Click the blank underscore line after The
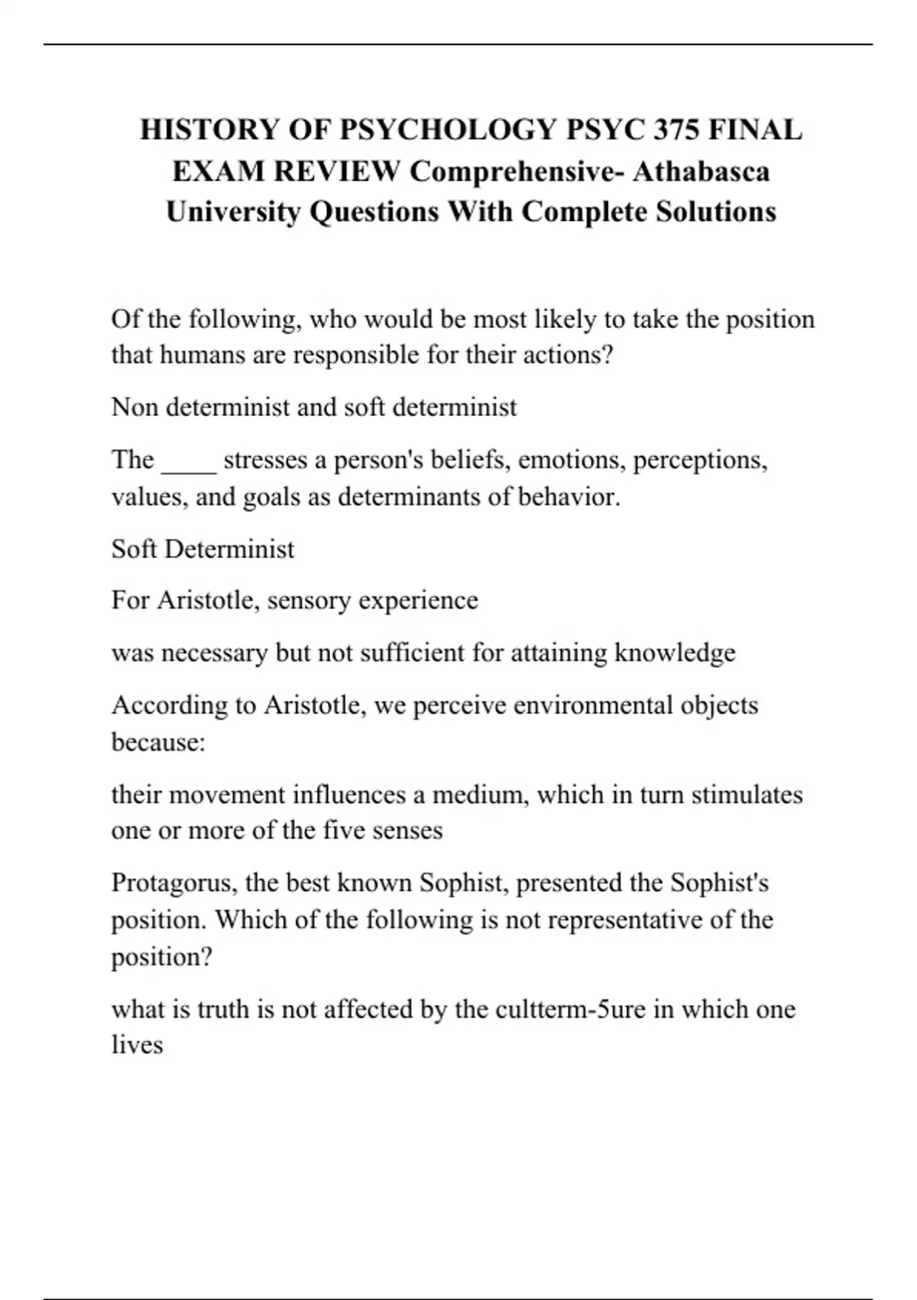(189, 460)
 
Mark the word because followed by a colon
(157, 742)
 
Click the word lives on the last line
(138, 1045)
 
